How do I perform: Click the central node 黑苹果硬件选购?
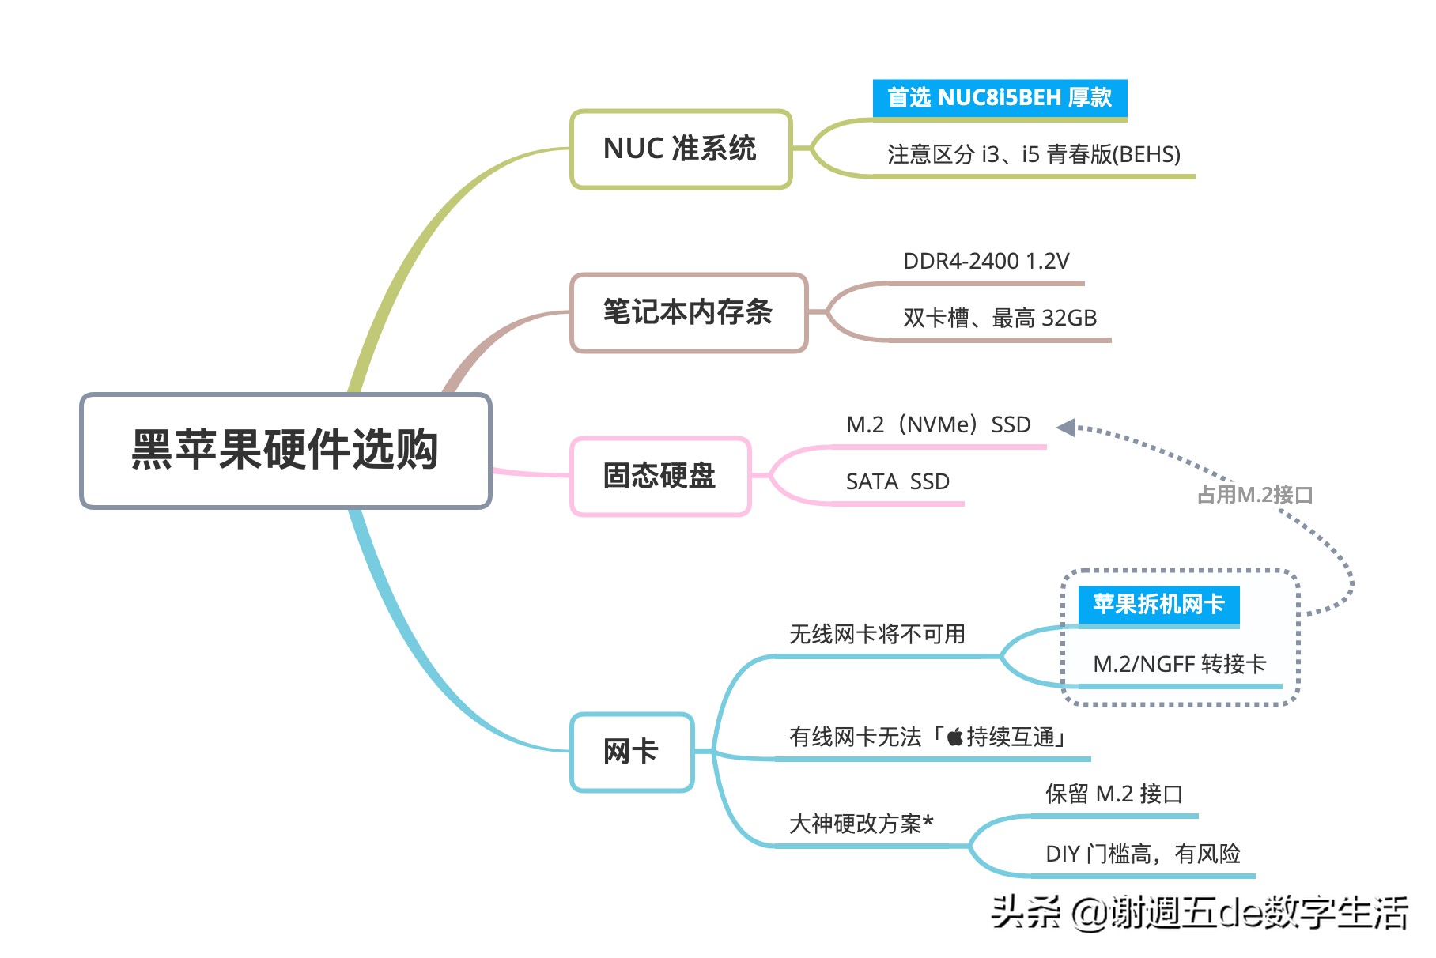285,450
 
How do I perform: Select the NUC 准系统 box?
680,149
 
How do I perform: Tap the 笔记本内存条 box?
688,312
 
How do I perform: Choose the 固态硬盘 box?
659,476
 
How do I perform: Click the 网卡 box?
631,751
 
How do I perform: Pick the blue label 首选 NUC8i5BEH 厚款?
1000,98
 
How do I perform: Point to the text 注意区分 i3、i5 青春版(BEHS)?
1034,154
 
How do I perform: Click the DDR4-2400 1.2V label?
986,262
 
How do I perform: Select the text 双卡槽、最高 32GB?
1000,318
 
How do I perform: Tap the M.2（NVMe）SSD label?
939,425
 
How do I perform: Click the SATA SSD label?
897,481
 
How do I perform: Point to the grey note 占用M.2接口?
1255,495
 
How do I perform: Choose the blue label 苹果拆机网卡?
1158,605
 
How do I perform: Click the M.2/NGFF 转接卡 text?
1179,664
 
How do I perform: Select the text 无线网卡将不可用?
877,634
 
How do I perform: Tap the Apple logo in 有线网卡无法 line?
955,737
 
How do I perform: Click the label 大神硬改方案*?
861,824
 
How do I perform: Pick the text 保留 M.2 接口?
1113,794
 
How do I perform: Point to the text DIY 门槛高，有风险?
1143,854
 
